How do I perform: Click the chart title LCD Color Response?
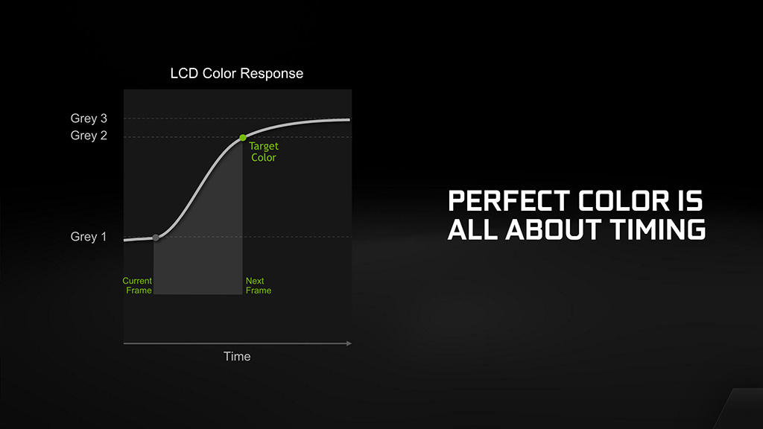[236, 74]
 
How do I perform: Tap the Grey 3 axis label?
[89, 118]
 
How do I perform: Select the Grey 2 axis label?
[89, 136]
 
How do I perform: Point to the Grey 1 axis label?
[88, 236]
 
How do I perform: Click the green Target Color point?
[243, 138]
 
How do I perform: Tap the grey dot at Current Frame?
[156, 238]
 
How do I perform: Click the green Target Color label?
[264, 152]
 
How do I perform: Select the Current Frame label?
[137, 285]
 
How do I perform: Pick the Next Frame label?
[259, 285]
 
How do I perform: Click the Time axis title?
[237, 357]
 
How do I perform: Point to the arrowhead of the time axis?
[349, 343]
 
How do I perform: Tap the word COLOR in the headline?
[624, 201]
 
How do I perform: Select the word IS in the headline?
[691, 201]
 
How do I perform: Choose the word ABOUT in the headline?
[554, 229]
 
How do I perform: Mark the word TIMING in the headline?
[657, 229]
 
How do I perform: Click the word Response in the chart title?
[271, 74]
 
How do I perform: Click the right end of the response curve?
[349, 120]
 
